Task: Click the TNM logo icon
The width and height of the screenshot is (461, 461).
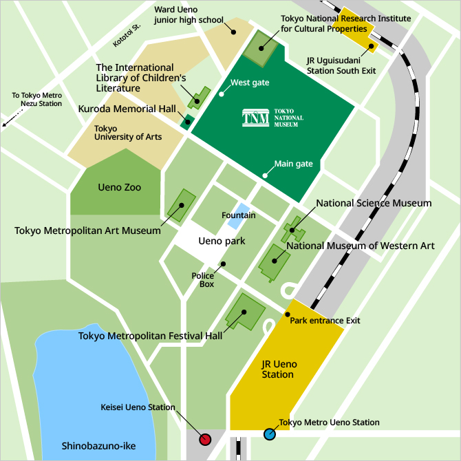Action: pos(256,118)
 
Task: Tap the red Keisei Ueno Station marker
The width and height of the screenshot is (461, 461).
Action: pos(204,439)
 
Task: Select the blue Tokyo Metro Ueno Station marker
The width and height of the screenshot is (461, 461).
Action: pos(270,433)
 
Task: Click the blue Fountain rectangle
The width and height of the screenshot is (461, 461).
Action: pos(238,216)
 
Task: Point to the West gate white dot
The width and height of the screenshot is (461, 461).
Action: pos(222,94)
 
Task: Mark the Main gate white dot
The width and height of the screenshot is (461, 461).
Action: pos(266,175)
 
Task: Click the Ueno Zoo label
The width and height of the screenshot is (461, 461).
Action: pos(120,187)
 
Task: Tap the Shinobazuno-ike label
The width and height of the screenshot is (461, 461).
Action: pos(98,445)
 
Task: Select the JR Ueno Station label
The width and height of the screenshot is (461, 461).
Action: pos(278,369)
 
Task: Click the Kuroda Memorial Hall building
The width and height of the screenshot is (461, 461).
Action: pos(186,122)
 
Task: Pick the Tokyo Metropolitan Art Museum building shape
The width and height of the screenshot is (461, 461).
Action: pos(182,204)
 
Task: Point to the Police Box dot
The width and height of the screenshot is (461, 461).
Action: pos(223,264)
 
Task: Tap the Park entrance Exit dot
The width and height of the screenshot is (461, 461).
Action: pos(288,314)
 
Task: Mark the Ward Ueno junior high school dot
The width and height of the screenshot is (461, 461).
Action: pos(233,32)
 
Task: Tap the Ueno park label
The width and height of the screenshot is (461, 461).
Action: pos(222,242)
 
